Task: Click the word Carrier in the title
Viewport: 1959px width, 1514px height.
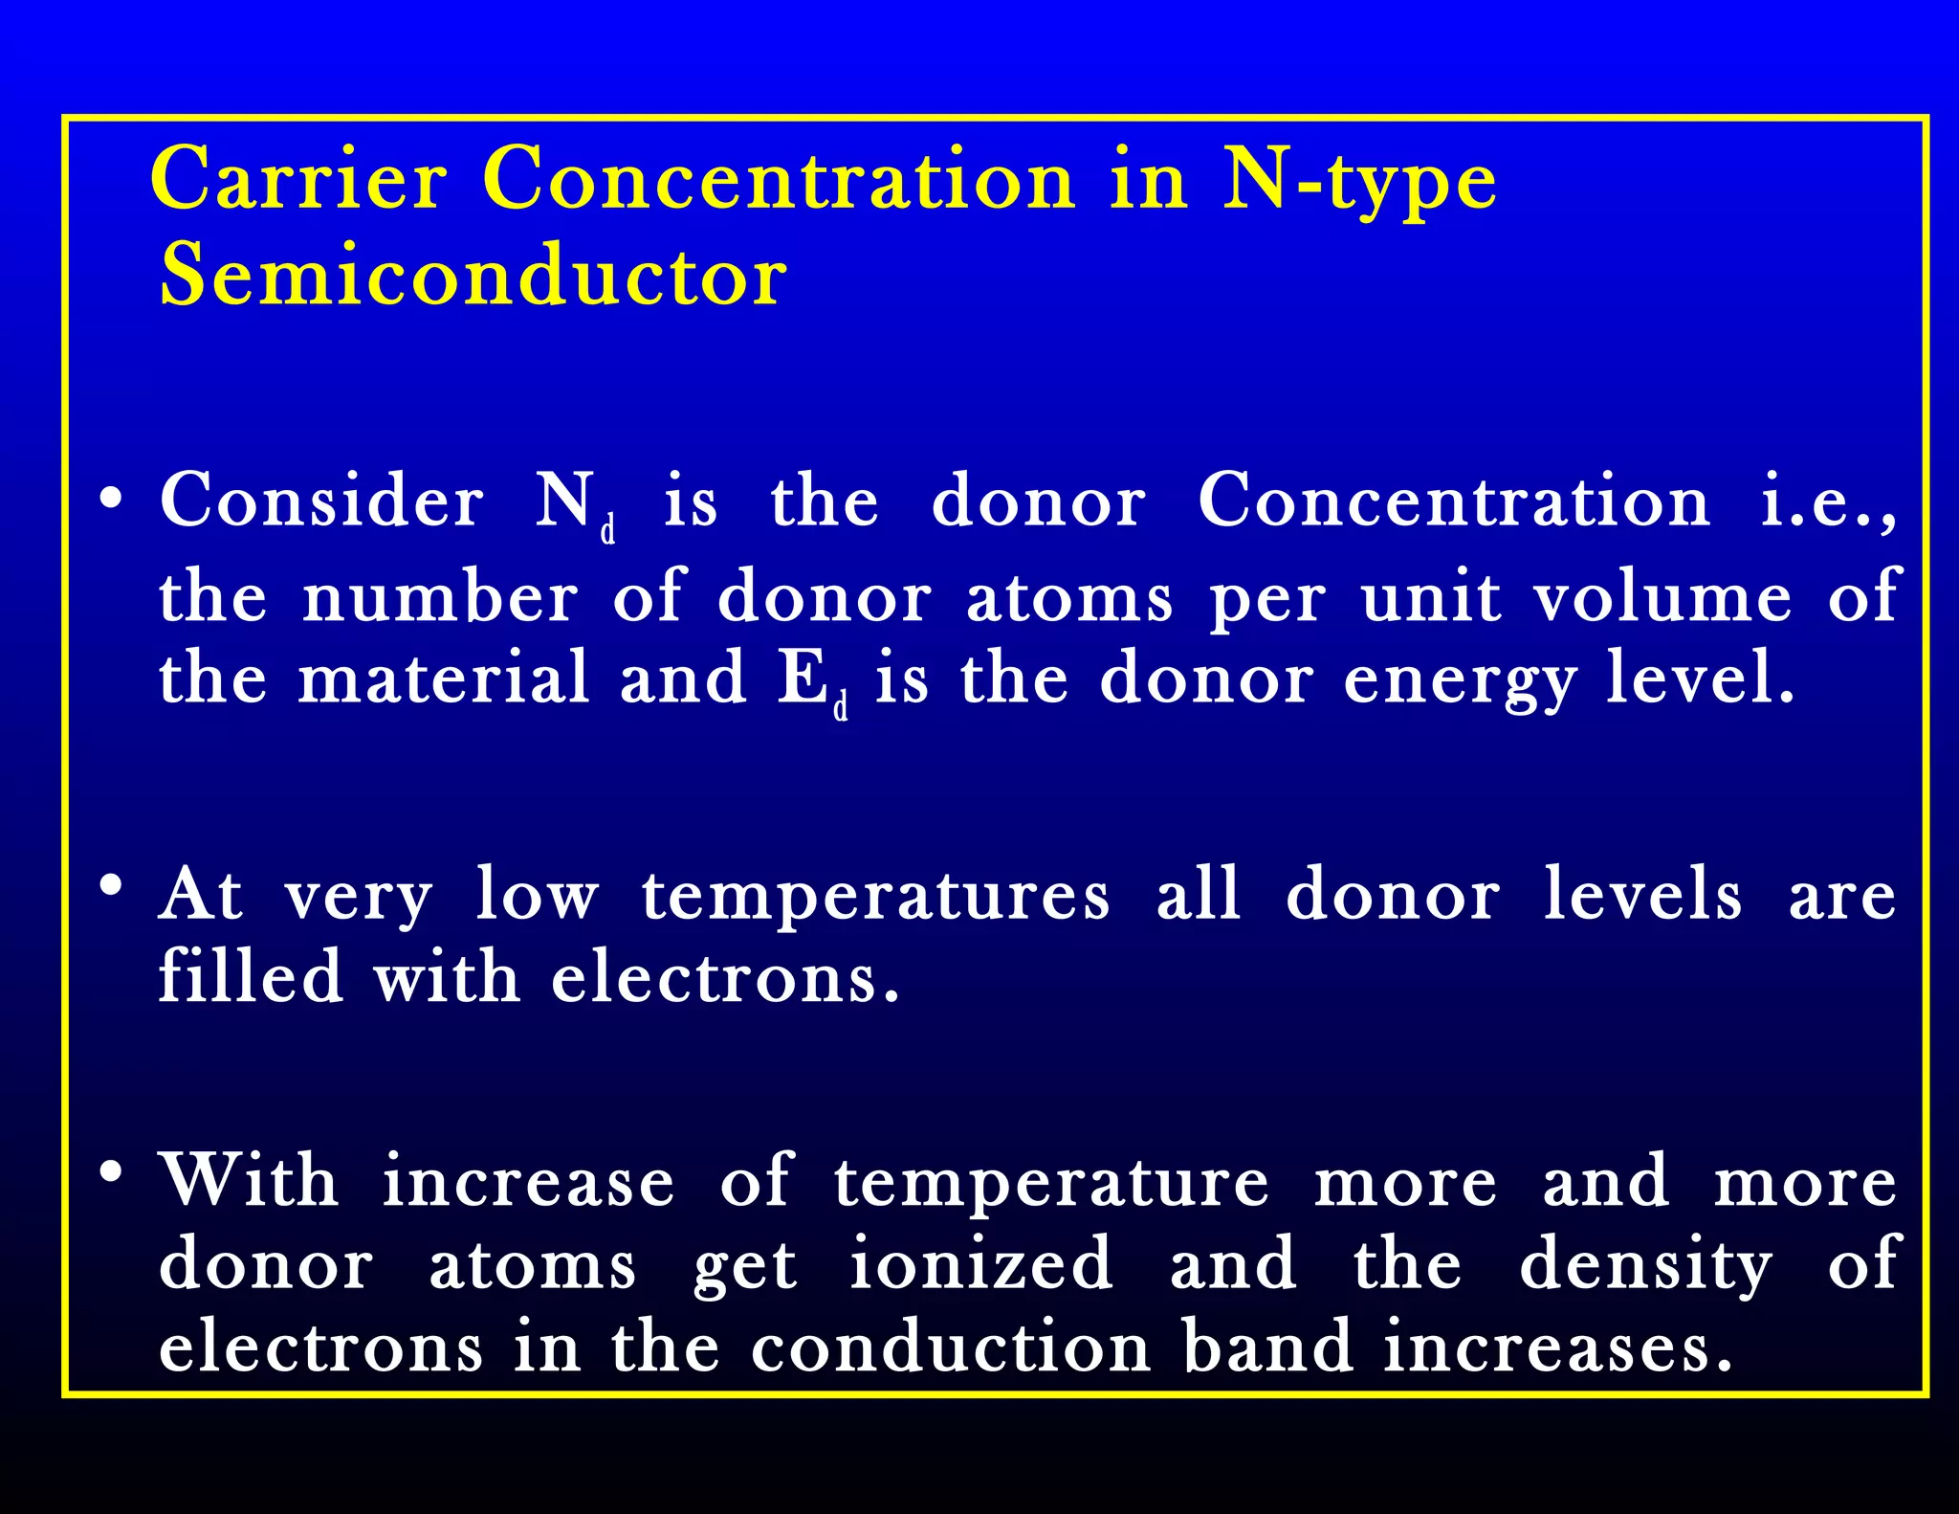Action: [298, 179]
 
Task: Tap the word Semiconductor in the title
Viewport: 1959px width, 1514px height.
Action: [473, 276]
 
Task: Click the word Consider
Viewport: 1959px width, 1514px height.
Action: [321, 501]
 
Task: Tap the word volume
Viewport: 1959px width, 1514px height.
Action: [1663, 597]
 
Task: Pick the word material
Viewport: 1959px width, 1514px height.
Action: [444, 678]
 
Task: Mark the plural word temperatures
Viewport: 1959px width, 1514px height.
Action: [876, 896]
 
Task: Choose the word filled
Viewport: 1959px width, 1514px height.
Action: [251, 976]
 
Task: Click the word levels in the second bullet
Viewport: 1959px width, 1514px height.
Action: [1642, 895]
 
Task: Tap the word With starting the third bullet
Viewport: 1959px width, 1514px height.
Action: [249, 1181]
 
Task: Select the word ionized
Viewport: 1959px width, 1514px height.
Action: [981, 1263]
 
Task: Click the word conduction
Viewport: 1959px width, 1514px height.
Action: [951, 1347]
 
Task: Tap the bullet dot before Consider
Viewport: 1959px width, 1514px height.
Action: [112, 499]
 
